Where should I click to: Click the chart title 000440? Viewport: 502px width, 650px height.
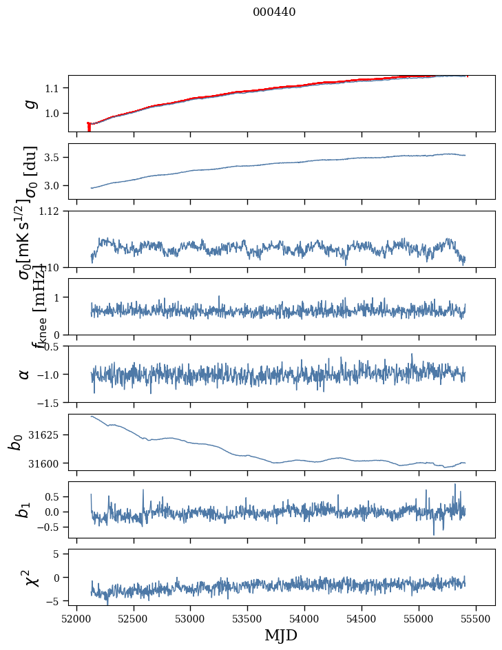tap(274, 12)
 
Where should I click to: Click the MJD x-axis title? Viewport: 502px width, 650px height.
tap(281, 635)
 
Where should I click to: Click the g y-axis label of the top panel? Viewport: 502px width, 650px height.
tap(29, 103)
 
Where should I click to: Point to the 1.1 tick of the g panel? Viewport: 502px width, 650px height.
tap(54, 88)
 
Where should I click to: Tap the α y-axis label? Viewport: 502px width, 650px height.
tap(25, 374)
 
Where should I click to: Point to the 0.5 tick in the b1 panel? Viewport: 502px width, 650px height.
tap(54, 496)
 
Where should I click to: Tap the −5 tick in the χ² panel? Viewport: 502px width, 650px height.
tap(55, 601)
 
